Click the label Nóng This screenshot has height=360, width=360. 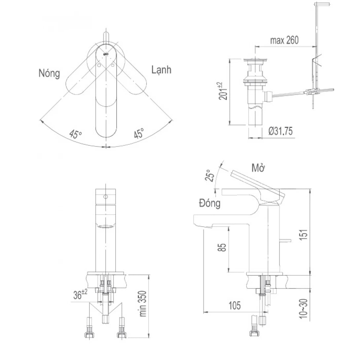tap(49, 73)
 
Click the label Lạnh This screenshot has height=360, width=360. tap(161, 70)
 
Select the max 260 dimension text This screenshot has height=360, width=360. tap(284, 41)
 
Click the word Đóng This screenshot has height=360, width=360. tap(209, 203)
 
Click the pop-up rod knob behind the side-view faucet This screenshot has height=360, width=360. tap(286, 241)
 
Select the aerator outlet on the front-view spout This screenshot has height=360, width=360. tap(106, 227)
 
